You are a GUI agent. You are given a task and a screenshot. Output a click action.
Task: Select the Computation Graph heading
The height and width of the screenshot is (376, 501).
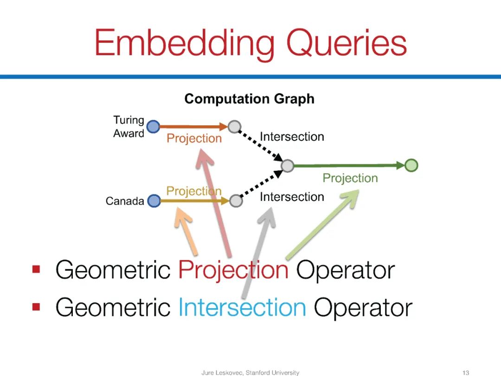point(249,99)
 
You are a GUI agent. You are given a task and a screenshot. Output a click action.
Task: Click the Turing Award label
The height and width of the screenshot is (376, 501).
point(128,127)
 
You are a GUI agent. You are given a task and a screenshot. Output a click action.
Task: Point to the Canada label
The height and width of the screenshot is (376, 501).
point(125,201)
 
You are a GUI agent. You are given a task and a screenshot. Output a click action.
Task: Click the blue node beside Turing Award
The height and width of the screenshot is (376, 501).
point(153,126)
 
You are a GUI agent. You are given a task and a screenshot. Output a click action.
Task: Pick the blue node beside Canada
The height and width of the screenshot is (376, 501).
point(154,201)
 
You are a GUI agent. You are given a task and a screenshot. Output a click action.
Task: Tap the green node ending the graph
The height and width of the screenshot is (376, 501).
point(411,165)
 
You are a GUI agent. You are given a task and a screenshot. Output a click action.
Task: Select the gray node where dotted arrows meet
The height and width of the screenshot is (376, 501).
point(288,165)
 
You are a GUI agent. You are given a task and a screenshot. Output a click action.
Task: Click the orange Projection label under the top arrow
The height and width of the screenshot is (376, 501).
point(194,138)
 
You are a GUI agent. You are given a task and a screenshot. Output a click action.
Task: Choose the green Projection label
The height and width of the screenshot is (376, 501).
point(350,178)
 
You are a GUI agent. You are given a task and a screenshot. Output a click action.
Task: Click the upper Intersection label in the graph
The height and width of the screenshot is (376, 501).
point(292,137)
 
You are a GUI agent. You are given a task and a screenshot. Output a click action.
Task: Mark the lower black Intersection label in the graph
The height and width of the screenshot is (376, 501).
point(292,197)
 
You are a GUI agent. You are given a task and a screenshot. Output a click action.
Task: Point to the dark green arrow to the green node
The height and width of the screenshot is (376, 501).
point(348,165)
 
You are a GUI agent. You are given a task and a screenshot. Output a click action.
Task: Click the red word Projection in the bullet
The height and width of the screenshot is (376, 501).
point(233,270)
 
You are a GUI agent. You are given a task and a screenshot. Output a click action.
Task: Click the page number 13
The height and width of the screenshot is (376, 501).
point(466,372)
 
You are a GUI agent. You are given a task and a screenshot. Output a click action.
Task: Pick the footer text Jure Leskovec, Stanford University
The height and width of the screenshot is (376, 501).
point(250,372)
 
